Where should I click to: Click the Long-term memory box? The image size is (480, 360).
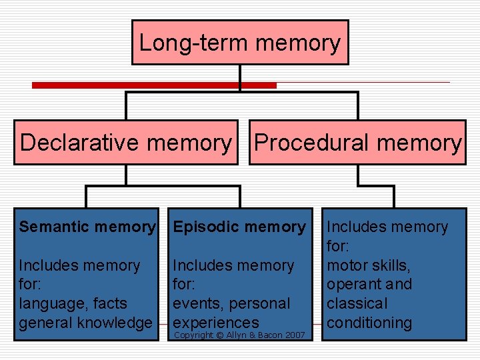click(x=240, y=43)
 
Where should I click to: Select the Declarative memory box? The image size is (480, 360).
click(x=126, y=143)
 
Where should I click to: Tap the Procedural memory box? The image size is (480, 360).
click(x=357, y=143)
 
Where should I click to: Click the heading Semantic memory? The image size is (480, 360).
click(x=87, y=227)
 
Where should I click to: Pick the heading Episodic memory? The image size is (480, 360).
click(x=239, y=227)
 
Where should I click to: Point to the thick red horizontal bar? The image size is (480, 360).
click(x=154, y=85)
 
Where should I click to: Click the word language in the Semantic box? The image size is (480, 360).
click(x=51, y=303)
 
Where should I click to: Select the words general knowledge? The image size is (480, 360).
click(x=85, y=323)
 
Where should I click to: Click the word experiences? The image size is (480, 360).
click(x=215, y=323)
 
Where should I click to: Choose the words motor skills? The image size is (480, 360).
click(x=368, y=265)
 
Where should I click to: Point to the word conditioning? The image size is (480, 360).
click(x=369, y=323)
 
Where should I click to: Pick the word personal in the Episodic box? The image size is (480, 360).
click(x=260, y=303)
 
